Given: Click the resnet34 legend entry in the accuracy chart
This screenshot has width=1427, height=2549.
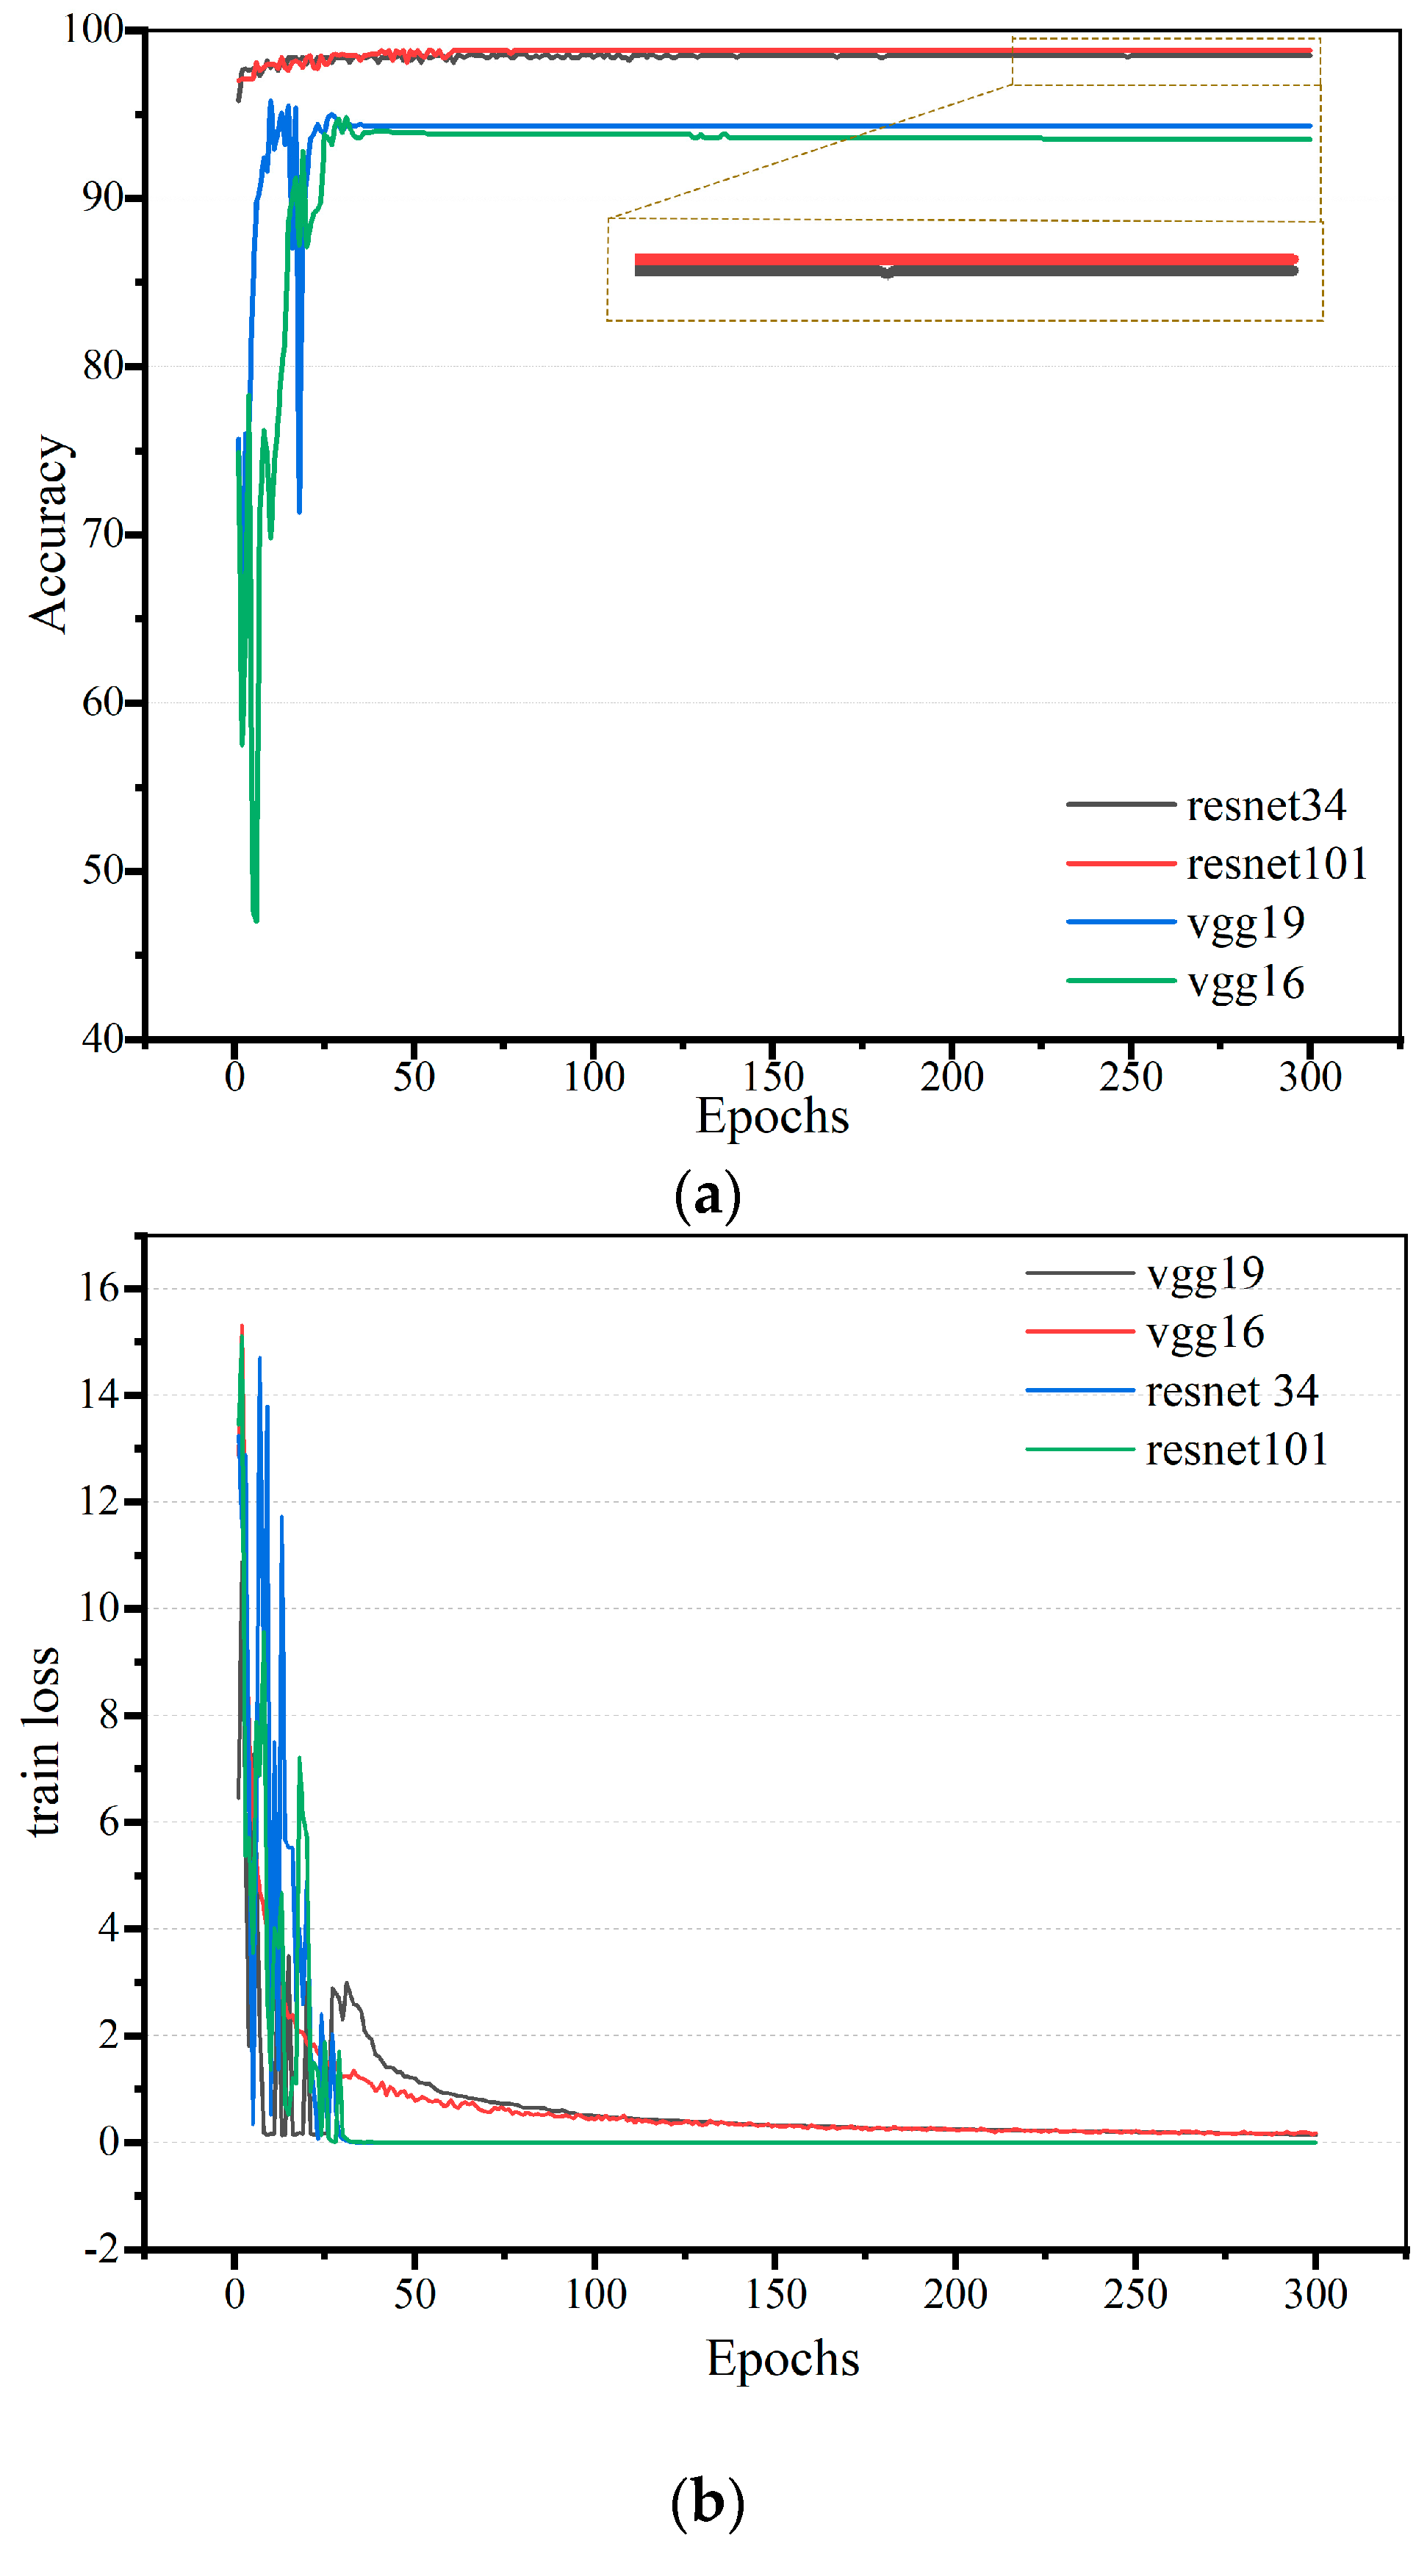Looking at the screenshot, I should click(1265, 805).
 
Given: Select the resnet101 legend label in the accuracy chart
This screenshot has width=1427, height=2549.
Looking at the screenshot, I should click(1276, 864).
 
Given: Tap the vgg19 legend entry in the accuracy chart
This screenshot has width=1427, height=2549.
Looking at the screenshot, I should click(1245, 922).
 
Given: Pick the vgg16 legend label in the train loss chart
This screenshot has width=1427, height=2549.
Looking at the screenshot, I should click(1204, 1332).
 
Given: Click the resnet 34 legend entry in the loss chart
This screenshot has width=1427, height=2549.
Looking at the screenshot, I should click(1231, 1390).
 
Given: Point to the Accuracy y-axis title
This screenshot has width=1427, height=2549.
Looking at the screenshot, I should click(49, 533).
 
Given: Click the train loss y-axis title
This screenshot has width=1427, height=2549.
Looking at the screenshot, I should click(42, 1741).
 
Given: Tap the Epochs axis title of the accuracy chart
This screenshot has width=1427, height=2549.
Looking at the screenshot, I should click(772, 1116).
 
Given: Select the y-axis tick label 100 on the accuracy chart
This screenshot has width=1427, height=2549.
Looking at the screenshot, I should click(93, 29).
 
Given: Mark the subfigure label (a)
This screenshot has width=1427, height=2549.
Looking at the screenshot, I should click(707, 1196).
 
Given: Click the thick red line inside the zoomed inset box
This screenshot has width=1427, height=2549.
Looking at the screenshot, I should click(965, 259).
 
